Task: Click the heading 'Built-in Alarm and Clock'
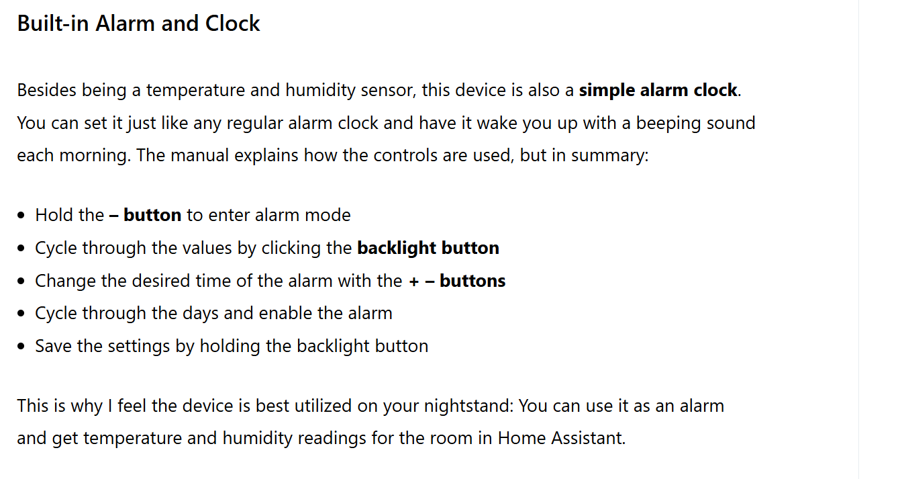[x=139, y=23]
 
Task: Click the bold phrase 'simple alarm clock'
[x=658, y=90]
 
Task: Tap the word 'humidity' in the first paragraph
[x=320, y=90]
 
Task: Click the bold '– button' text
[x=146, y=215]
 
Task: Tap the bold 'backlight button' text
[x=428, y=248]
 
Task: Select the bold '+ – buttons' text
[x=457, y=281]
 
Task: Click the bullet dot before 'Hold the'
[x=21, y=215]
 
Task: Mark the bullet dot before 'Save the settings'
[x=21, y=346]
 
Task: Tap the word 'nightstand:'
[x=469, y=406]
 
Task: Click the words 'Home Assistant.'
[x=562, y=438]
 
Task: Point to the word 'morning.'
[x=95, y=156]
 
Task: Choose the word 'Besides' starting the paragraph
[x=46, y=90]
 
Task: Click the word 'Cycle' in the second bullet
[x=56, y=248]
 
